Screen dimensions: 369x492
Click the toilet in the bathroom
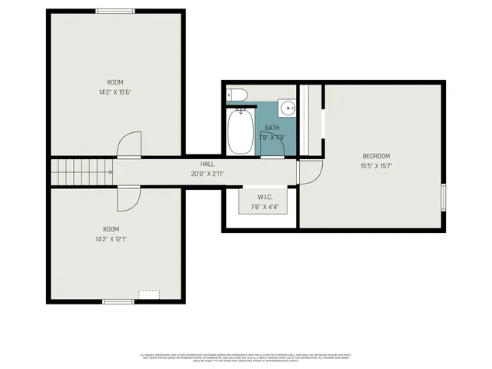(x=238, y=95)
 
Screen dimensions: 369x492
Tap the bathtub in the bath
(x=241, y=131)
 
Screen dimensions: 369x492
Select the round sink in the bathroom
(x=287, y=107)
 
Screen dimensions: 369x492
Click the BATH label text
(x=272, y=128)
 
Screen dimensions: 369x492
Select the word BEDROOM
(x=376, y=156)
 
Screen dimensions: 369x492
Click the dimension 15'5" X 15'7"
(x=376, y=166)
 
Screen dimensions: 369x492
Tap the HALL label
(x=208, y=164)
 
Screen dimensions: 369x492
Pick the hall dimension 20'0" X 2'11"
(x=208, y=174)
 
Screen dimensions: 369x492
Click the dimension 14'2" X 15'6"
(x=115, y=92)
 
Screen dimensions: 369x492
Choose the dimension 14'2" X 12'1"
(x=115, y=239)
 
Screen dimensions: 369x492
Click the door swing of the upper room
(x=129, y=145)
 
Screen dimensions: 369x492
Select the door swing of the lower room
(x=129, y=198)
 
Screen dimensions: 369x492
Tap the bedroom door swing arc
(x=306, y=173)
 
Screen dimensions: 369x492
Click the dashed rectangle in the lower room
(x=148, y=294)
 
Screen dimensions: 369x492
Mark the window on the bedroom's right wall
(x=444, y=197)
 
